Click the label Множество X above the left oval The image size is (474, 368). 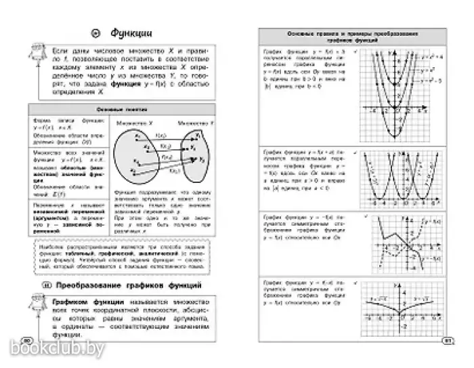tap(131, 124)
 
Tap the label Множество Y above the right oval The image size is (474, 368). tap(191, 124)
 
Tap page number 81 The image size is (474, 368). tap(446, 341)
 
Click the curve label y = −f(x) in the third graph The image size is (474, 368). tap(431, 221)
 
